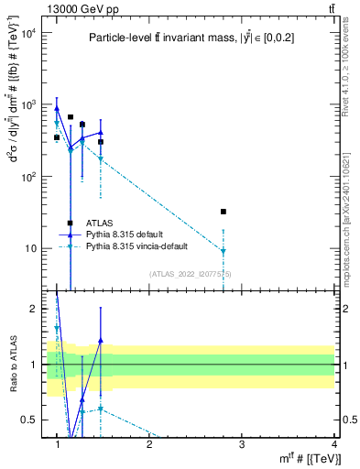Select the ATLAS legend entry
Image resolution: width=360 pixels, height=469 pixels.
(x=100, y=223)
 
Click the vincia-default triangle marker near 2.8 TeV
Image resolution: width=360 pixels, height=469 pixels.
(x=224, y=251)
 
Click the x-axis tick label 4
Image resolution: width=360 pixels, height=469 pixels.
(x=333, y=444)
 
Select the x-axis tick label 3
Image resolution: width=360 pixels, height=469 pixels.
(x=242, y=444)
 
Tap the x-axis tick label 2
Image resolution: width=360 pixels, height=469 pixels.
(x=149, y=444)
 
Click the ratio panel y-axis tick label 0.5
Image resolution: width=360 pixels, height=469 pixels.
(x=27, y=420)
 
